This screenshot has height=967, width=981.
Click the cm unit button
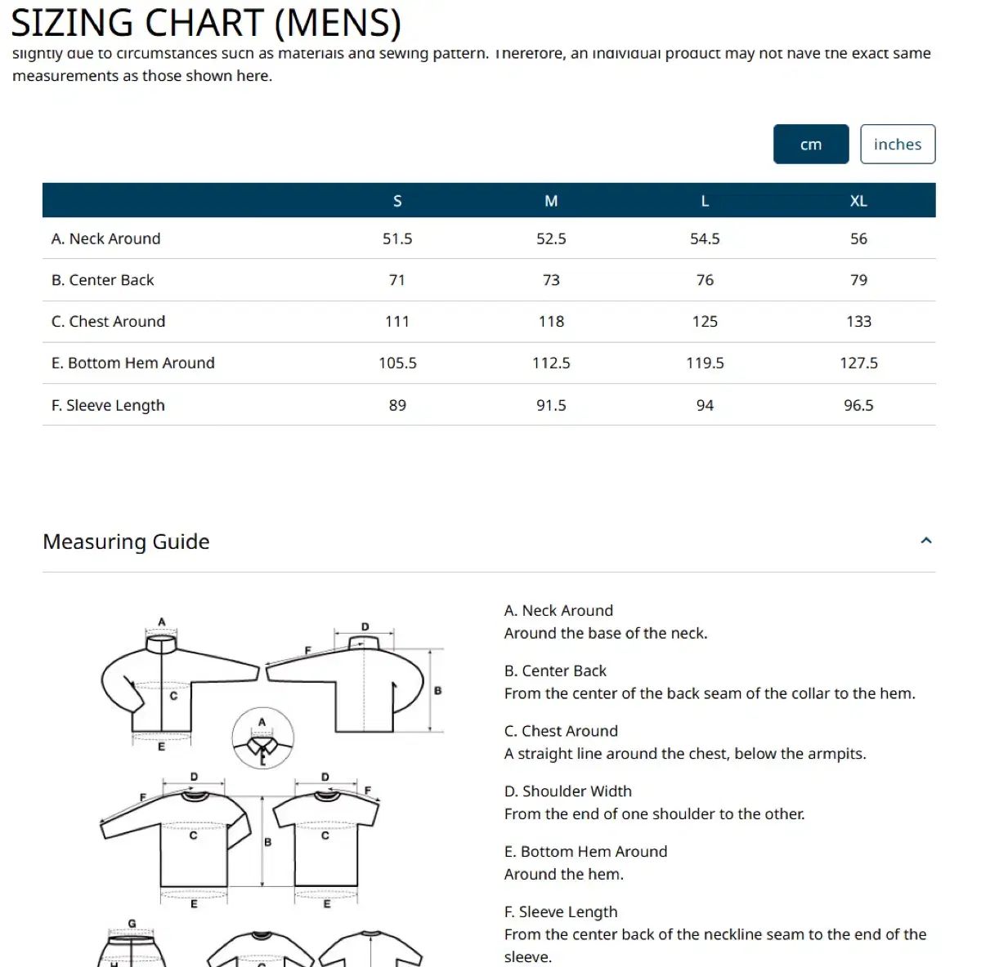[x=810, y=145]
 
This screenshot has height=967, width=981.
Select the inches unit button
[x=897, y=145]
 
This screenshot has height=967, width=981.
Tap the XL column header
[x=858, y=201]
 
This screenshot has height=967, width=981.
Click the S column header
[x=397, y=201]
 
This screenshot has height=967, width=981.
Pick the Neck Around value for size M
[x=551, y=238]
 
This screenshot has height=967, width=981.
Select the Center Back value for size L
[x=705, y=280]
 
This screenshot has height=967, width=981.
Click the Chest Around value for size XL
[x=858, y=322]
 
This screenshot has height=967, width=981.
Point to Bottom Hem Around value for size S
[x=397, y=363]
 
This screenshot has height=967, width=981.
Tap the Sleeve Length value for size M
[x=551, y=405]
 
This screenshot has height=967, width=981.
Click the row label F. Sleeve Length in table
[x=108, y=405]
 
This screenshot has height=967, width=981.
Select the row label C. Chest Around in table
[x=108, y=322]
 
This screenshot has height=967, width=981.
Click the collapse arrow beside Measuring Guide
[x=926, y=541]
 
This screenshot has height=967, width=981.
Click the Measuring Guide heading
[x=126, y=541]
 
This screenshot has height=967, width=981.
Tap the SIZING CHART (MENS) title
[x=205, y=22]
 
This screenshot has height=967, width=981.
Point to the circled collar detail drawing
[x=262, y=739]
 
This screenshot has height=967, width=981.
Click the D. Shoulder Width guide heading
[x=567, y=791]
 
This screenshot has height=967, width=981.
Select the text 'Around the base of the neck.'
[x=606, y=633]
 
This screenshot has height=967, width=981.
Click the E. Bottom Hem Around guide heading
[x=585, y=852]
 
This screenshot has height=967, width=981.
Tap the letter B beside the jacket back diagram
[x=437, y=691]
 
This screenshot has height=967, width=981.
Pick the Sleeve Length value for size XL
[x=858, y=405]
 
